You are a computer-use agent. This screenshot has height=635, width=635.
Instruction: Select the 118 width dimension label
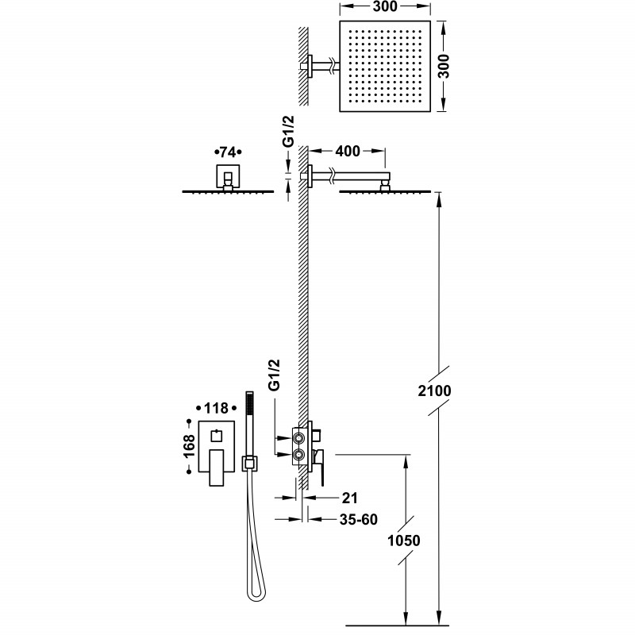click(216, 408)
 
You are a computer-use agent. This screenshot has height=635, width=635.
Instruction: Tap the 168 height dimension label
click(190, 447)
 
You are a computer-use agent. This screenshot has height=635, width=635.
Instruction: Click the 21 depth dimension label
click(348, 498)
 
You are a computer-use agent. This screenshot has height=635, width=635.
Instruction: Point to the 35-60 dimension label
click(357, 520)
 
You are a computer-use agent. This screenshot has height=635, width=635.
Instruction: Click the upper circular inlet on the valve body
click(300, 437)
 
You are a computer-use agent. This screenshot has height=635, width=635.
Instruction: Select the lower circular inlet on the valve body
click(300, 455)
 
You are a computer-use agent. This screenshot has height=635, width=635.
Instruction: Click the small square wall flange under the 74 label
click(228, 175)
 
